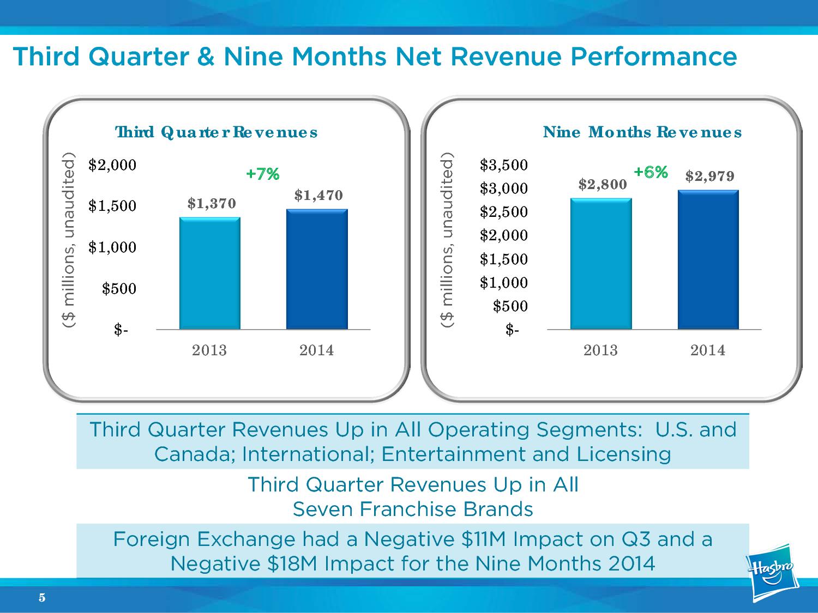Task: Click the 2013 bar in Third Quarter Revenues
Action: pos(209,273)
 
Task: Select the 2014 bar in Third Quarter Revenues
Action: pos(317,269)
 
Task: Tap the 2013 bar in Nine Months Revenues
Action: pos(601,264)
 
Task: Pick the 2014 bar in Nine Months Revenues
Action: pos(708,259)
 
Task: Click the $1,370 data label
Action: pos(212,203)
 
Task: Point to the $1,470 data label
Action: pos(318,195)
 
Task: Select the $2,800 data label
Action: pos(602,185)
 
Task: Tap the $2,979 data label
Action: pos(709,176)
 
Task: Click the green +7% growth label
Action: pos(262,174)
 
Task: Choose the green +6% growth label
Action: pos(651,172)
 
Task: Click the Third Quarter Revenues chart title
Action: pos(216,132)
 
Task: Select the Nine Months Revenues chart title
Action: pos(642,132)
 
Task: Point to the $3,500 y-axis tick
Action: pos(503,165)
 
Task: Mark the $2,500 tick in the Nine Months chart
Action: pos(503,211)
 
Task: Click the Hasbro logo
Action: pos(772,572)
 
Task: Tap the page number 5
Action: pos(42,598)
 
